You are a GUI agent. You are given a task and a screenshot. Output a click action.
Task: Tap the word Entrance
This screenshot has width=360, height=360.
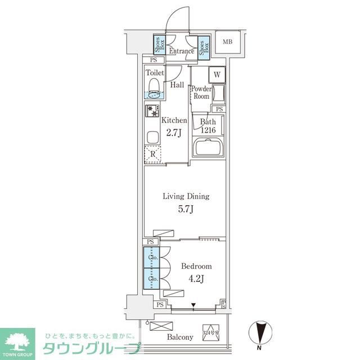click(181, 51)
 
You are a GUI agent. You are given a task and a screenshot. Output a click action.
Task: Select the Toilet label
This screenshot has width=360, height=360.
click(155, 73)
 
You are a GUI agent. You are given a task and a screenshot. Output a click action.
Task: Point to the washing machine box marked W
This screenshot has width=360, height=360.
click(217, 74)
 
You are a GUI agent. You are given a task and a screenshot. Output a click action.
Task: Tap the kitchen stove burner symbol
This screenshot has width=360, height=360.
click(152, 112)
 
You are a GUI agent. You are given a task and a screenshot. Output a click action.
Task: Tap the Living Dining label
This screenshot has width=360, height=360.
click(186, 196)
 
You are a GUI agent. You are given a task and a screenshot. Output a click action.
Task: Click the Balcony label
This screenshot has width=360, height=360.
click(179, 337)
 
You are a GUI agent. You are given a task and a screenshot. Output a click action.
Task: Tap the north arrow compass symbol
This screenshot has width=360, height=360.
click(260, 332)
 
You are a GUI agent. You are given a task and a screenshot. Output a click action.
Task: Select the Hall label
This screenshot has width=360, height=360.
click(177, 85)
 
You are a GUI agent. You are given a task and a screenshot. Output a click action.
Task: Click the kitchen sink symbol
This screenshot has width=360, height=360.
click(152, 137)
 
